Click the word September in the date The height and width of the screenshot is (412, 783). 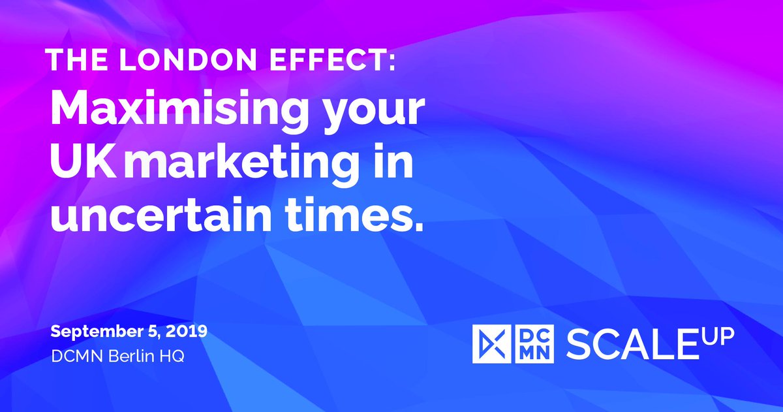click(x=92, y=332)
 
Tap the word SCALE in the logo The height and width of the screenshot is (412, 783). click(x=628, y=345)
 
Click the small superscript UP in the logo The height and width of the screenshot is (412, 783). click(x=722, y=335)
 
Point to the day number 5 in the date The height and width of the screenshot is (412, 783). click(x=155, y=331)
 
